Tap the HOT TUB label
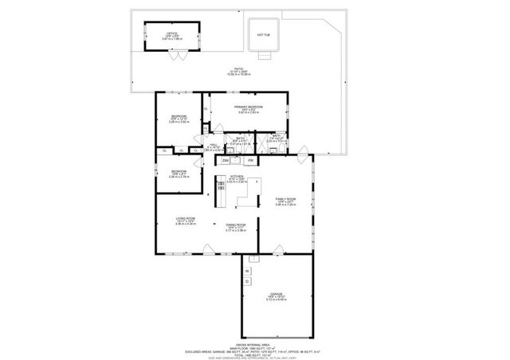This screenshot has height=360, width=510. click(263, 35)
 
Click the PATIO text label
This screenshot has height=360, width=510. click(238, 70)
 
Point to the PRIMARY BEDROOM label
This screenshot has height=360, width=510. click(249, 108)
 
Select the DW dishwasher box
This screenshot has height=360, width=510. click(226, 161)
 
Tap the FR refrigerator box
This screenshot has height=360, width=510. click(250, 161)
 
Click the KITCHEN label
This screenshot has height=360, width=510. click(236, 178)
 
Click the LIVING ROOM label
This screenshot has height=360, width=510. click(186, 221)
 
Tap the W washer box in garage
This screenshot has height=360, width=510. click(247, 271)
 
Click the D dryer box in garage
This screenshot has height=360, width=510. click(247, 281)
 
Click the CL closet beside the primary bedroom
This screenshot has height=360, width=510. click(206, 108)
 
